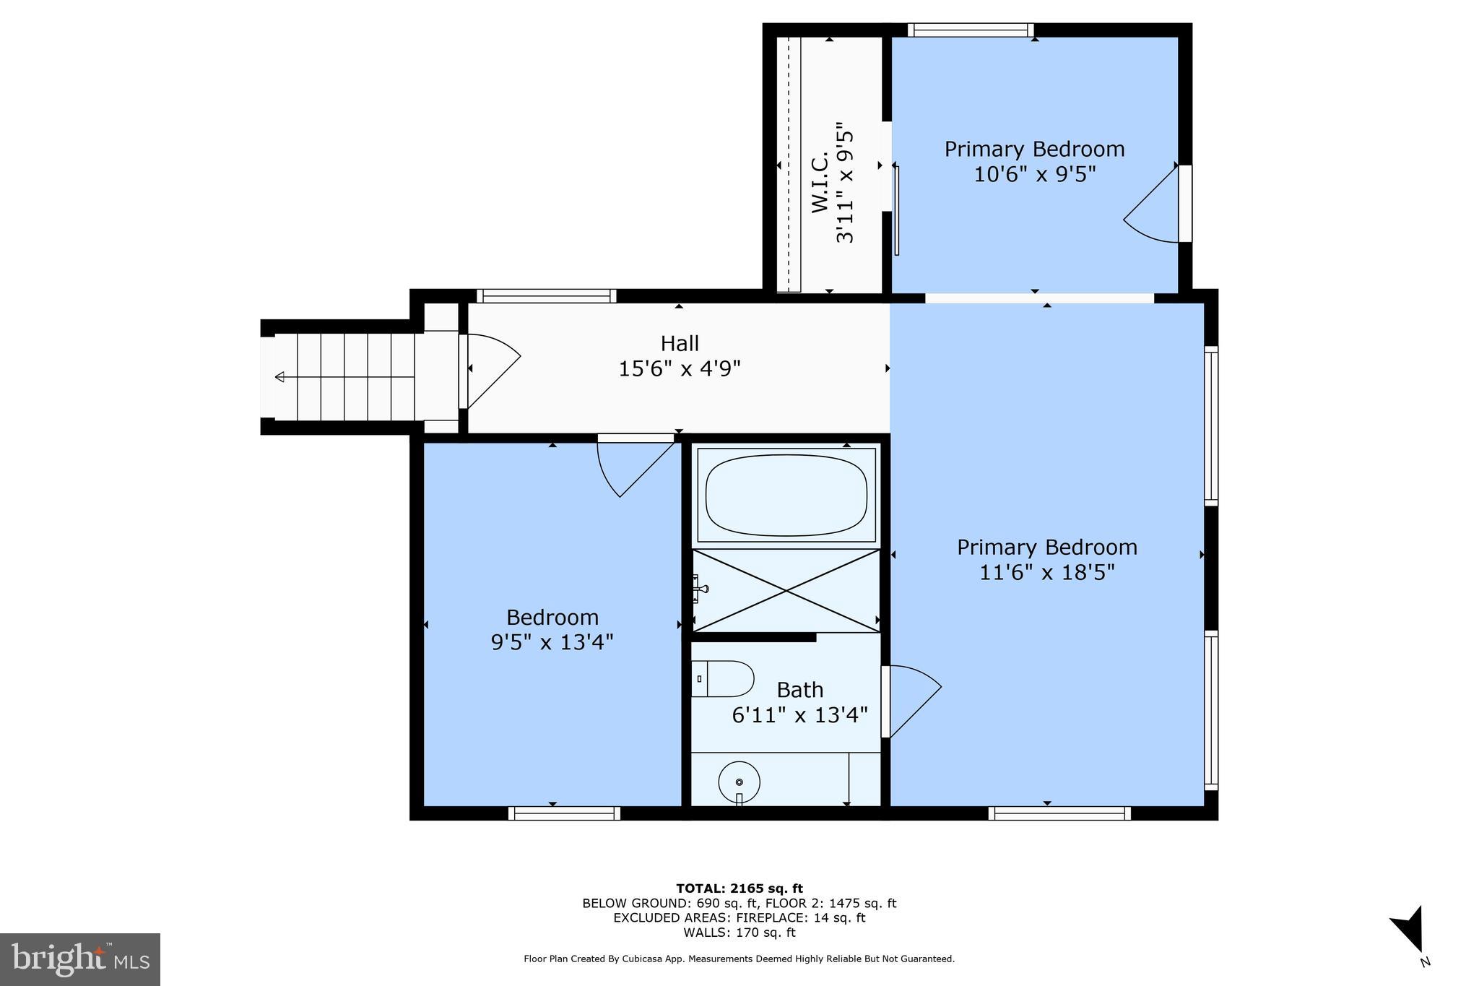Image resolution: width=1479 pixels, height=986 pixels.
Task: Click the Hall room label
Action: [x=680, y=343]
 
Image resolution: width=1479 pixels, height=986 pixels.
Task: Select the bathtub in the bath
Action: [x=786, y=496]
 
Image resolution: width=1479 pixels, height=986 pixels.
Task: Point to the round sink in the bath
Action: [x=739, y=782]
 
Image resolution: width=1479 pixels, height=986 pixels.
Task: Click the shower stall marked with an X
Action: [x=786, y=591]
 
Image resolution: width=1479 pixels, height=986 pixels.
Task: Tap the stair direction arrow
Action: [x=280, y=377]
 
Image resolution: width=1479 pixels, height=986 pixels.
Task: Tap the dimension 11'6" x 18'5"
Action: [x=1047, y=573]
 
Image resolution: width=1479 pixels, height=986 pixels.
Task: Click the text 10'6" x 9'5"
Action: [x=1034, y=175]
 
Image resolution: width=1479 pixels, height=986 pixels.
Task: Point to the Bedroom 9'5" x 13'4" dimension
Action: [x=552, y=642]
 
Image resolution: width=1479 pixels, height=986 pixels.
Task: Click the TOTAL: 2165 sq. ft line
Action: [x=739, y=888]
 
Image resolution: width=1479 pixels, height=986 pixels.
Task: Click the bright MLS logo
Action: [x=80, y=959]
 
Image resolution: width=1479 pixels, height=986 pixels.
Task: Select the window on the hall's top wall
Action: [x=547, y=296]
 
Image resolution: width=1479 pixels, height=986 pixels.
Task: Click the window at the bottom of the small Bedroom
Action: [x=564, y=813]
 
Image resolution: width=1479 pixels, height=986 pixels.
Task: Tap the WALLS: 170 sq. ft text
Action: [x=739, y=933]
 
